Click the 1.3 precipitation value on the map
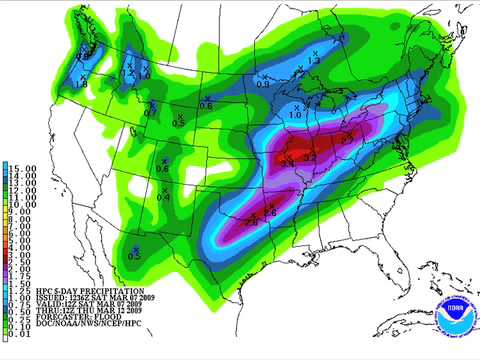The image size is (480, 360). click(x=313, y=62)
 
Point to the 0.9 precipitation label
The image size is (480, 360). click(x=263, y=83)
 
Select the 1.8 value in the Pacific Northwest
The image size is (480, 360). click(x=82, y=85)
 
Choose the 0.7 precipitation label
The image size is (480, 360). click(x=150, y=113)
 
